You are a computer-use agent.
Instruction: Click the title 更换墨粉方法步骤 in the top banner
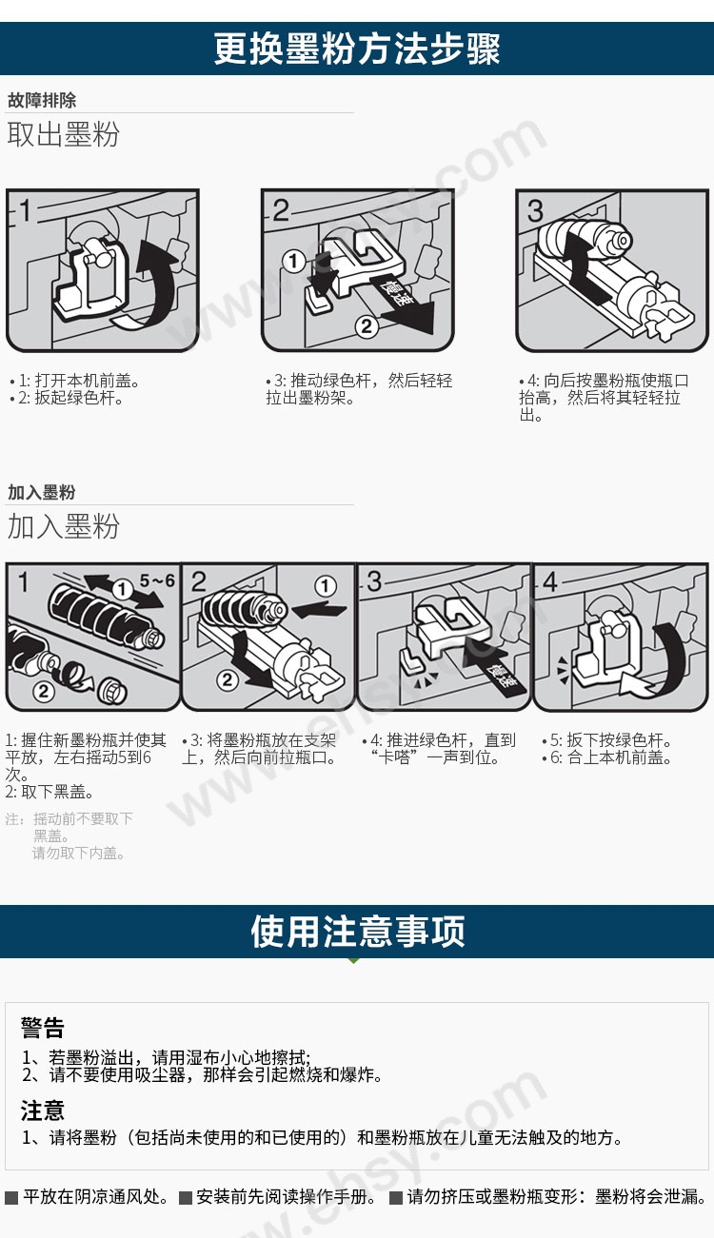click(x=357, y=49)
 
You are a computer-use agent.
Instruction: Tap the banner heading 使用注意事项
click(x=357, y=932)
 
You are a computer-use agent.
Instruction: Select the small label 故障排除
click(x=42, y=100)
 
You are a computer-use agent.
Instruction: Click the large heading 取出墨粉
click(x=63, y=134)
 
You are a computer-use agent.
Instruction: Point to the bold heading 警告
click(x=43, y=1028)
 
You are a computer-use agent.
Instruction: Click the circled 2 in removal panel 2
click(x=367, y=325)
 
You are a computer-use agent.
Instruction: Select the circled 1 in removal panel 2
click(x=293, y=261)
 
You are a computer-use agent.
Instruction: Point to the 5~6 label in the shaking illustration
click(x=157, y=580)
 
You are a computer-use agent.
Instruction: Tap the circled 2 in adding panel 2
click(x=228, y=679)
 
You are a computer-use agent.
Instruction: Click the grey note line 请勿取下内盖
click(x=78, y=853)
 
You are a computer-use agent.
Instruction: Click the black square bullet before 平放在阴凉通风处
click(x=11, y=1197)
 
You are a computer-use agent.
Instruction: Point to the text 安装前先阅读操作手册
click(x=285, y=1196)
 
